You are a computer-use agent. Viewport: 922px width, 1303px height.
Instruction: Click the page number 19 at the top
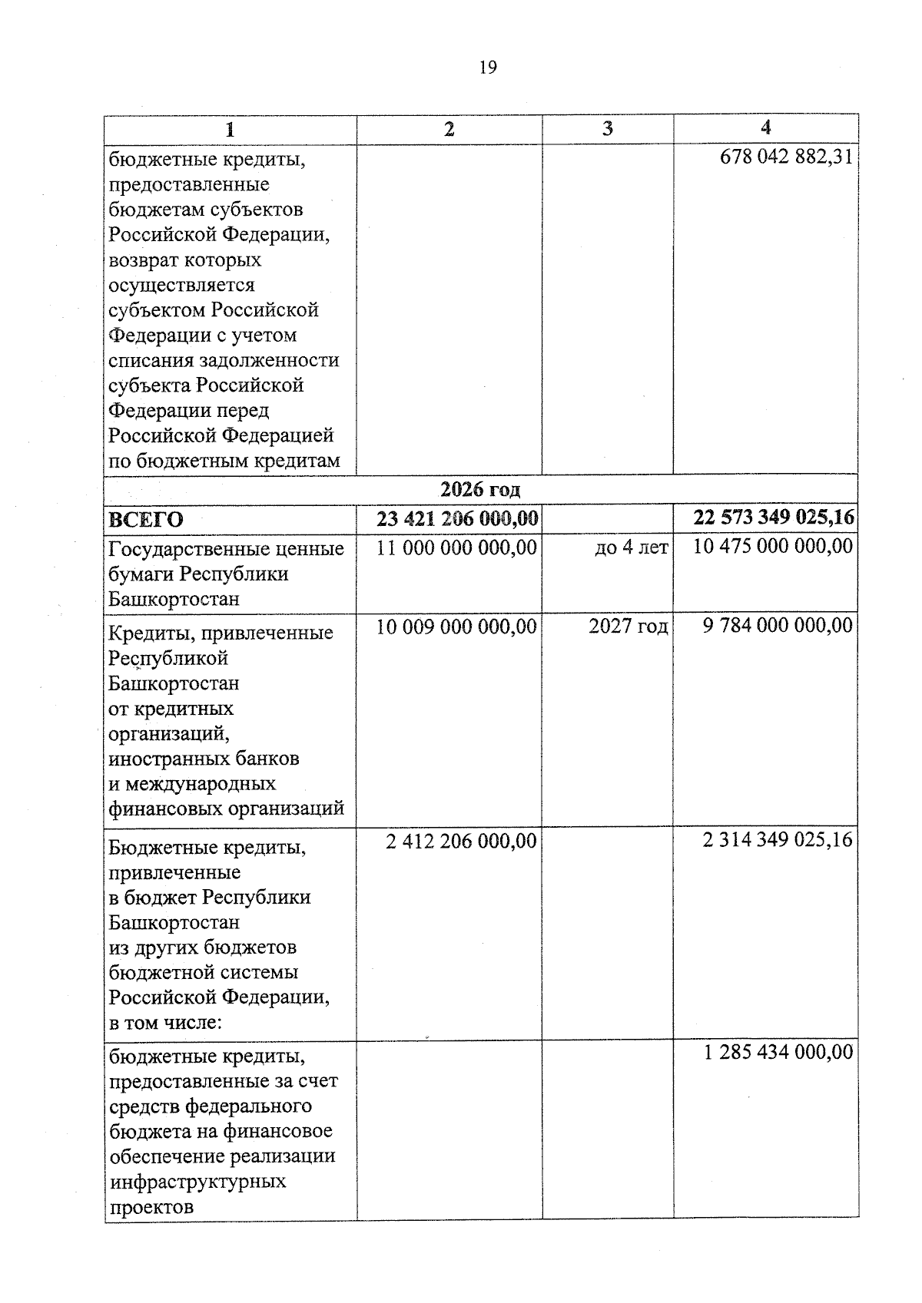click(x=487, y=68)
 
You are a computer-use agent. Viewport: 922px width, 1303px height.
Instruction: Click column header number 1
click(x=230, y=129)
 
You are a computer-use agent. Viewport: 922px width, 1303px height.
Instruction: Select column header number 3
click(x=608, y=129)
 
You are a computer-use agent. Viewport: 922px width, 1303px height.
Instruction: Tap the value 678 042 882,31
click(x=786, y=157)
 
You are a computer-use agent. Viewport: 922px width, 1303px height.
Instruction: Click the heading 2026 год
click(x=480, y=489)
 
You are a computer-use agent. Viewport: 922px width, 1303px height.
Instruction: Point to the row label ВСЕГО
click(x=146, y=520)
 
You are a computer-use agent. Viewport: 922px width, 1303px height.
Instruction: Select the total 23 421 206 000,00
click(x=456, y=519)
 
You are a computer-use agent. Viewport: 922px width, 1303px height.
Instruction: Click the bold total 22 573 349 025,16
click(x=773, y=518)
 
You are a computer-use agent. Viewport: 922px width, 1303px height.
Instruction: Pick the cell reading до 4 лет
click(x=631, y=548)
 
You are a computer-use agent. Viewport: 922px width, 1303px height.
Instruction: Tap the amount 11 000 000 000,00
click(x=456, y=547)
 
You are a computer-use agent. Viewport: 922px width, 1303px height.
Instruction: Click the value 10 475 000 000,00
click(x=773, y=547)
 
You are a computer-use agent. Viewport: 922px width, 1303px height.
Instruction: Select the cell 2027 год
click(x=628, y=627)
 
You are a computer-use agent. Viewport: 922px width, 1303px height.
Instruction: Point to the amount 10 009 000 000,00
click(x=456, y=627)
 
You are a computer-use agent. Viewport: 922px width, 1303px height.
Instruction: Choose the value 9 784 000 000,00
click(x=778, y=626)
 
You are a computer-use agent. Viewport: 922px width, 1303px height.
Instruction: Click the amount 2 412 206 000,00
click(x=461, y=842)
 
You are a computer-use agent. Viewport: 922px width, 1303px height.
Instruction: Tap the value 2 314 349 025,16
click(x=778, y=840)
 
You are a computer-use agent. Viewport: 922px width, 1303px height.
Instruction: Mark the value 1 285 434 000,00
click(x=778, y=1052)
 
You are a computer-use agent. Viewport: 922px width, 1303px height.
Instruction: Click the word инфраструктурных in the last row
click(x=197, y=1181)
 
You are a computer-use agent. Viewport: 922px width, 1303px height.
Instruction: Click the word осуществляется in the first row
click(x=181, y=285)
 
